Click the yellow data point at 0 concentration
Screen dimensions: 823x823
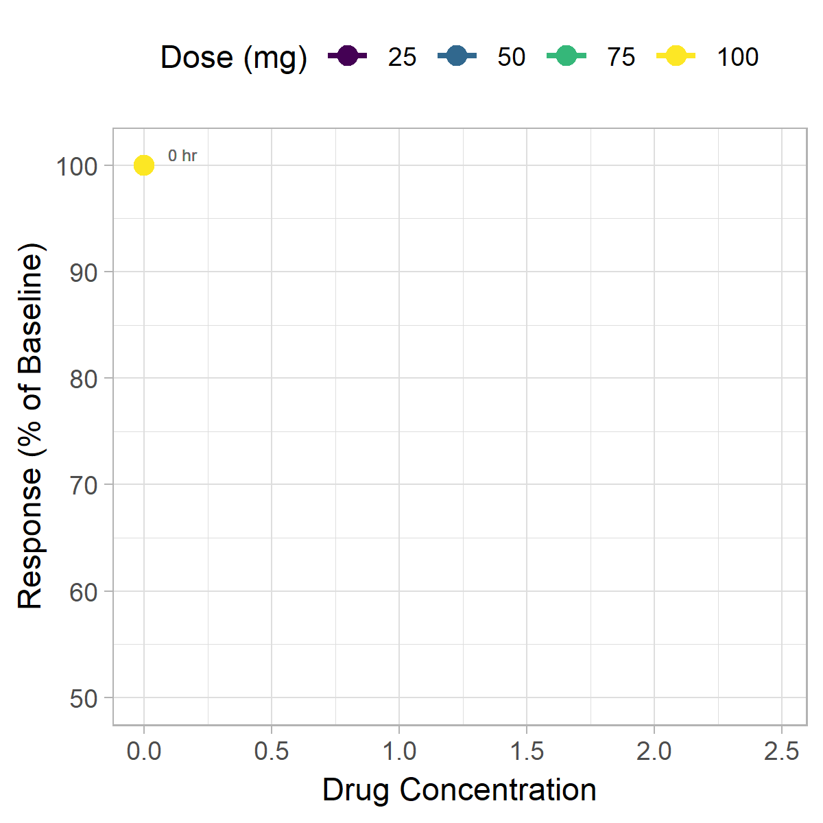click(143, 165)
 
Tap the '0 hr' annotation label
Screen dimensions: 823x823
click(182, 156)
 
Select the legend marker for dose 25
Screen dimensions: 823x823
click(348, 56)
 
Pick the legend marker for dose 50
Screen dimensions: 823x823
click(457, 56)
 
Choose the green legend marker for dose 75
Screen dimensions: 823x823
click(566, 56)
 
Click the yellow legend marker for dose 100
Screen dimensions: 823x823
click(676, 56)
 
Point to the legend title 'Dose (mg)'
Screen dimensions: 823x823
click(234, 57)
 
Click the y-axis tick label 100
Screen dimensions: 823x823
click(76, 166)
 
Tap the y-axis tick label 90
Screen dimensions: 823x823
click(83, 272)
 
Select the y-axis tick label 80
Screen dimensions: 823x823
click(83, 379)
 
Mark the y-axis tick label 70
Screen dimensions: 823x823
click(83, 485)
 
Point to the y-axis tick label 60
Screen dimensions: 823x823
click(83, 592)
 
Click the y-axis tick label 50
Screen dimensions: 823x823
click(83, 698)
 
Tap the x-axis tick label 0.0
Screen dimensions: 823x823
click(144, 752)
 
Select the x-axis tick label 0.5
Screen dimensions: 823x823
click(272, 752)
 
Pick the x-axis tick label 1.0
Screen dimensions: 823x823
click(399, 752)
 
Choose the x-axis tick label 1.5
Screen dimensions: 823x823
click(527, 752)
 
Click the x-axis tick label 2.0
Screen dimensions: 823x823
click(654, 752)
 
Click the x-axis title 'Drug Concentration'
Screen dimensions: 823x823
click(460, 790)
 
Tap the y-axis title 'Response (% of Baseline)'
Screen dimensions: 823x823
click(30, 425)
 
